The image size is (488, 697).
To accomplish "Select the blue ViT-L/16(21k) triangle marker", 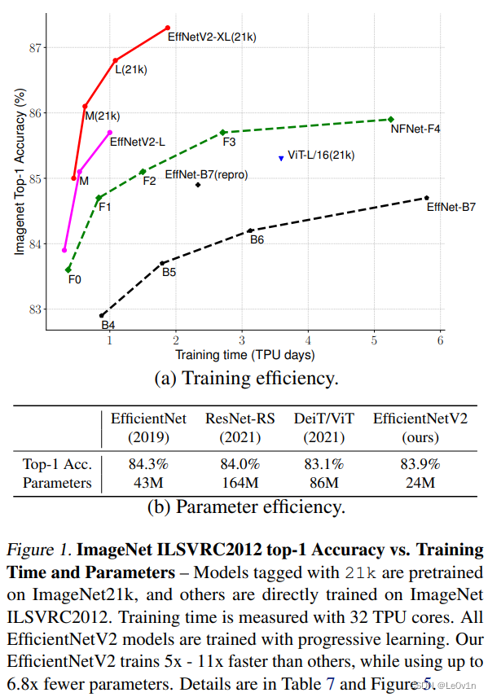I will (x=281, y=158).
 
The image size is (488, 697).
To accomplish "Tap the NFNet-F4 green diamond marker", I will (x=391, y=119).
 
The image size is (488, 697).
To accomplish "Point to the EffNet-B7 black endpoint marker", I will (x=427, y=197).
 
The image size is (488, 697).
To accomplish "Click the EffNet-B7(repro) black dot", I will (x=198, y=185).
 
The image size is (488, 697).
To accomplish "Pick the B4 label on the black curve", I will (x=108, y=326).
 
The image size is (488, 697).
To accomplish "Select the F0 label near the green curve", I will (x=74, y=279).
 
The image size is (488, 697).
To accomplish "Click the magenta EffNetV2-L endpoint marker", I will (x=110, y=132).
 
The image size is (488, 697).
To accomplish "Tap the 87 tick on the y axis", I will (x=34, y=47).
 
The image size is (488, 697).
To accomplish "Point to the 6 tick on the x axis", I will (x=440, y=340).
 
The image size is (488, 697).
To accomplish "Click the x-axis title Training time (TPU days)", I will (x=244, y=354).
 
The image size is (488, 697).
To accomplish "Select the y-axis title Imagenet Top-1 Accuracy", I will (x=19, y=173).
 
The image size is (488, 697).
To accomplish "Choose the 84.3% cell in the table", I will (x=148, y=465).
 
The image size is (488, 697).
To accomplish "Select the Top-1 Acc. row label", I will (x=56, y=465).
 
